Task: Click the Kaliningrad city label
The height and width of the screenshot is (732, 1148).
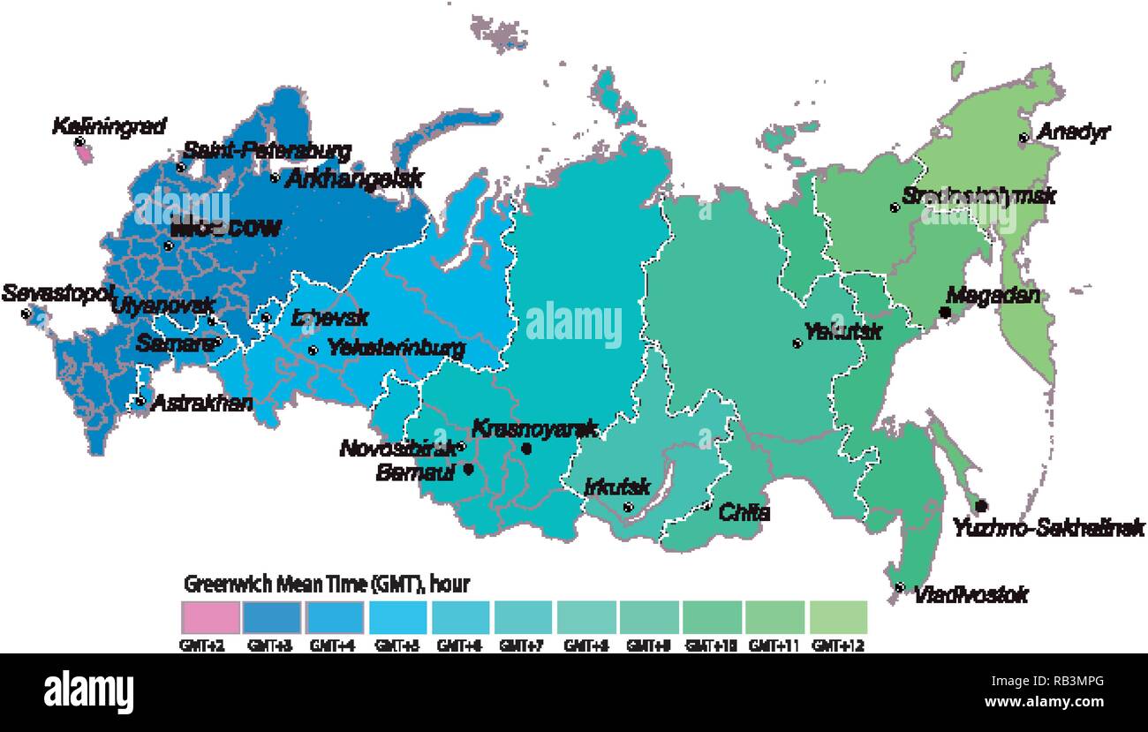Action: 109,126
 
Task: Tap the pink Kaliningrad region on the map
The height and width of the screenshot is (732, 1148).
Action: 84,153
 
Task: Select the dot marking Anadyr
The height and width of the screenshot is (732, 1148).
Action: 1023,138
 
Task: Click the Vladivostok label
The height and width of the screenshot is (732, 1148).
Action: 971,595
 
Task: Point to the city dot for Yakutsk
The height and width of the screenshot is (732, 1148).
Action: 797,343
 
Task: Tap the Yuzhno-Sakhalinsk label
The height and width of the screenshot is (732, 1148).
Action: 1049,528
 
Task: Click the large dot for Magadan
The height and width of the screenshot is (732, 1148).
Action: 945,313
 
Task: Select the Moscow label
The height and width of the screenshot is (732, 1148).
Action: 226,228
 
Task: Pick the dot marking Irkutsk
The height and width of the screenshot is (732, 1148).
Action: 628,507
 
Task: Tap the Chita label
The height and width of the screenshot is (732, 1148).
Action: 744,512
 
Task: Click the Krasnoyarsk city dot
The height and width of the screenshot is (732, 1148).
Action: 527,449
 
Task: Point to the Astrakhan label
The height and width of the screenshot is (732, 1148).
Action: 202,404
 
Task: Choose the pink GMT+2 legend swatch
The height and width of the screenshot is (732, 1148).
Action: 211,616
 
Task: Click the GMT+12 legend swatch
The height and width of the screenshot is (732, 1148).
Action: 838,616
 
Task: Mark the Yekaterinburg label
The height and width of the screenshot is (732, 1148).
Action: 396,349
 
